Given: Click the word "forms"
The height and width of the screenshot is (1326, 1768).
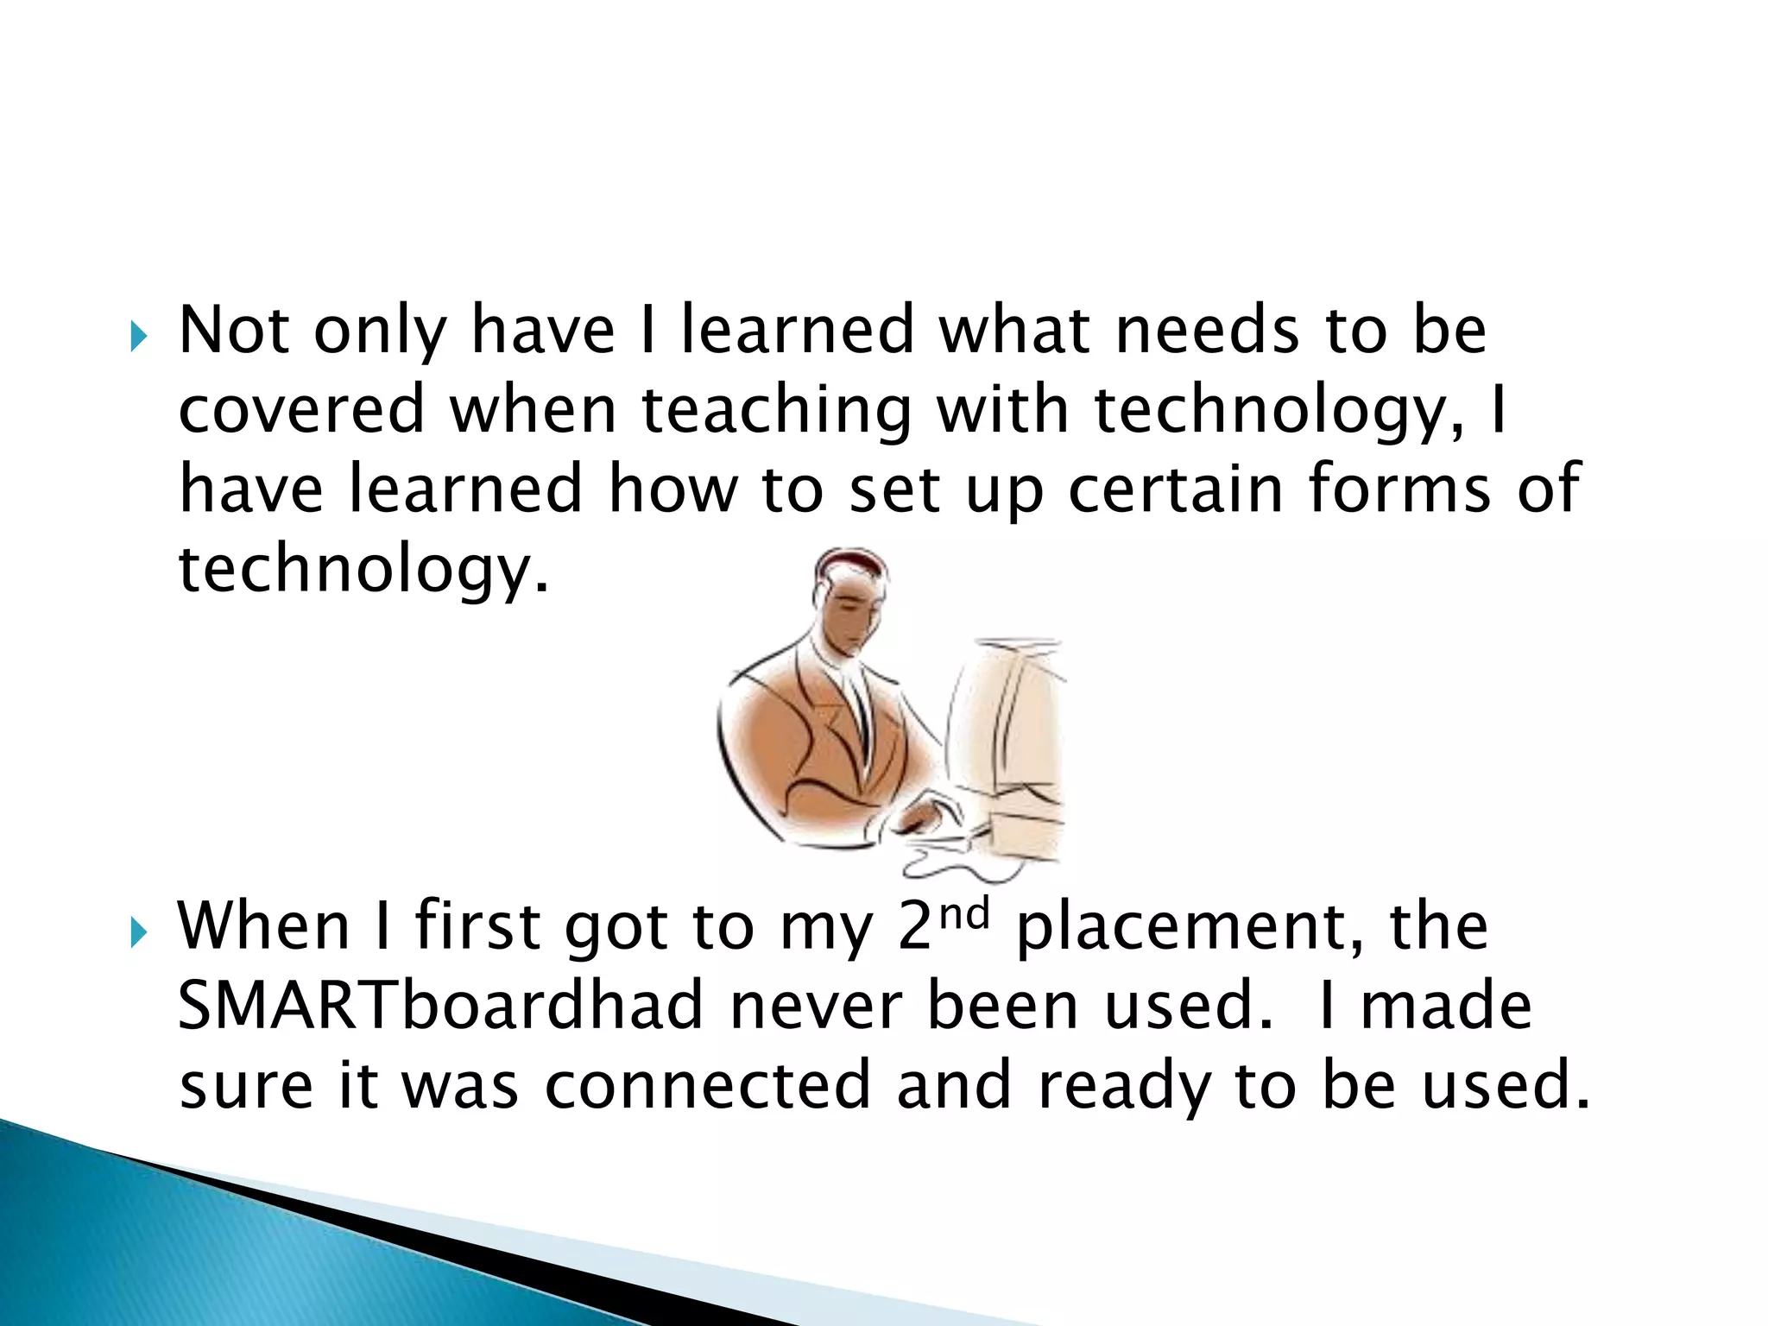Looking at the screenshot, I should [1399, 489].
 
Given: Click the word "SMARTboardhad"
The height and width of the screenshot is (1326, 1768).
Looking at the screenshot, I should [440, 1006].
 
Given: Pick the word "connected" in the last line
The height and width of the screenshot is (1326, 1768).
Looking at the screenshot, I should [707, 1085].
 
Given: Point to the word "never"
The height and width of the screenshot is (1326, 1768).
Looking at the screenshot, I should [816, 1007].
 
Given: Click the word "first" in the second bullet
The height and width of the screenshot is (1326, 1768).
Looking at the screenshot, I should [477, 926].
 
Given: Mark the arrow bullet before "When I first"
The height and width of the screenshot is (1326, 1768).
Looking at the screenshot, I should [138, 932].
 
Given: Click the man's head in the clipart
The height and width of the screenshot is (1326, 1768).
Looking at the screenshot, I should [850, 596].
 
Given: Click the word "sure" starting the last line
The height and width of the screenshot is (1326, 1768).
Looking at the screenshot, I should [246, 1087].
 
